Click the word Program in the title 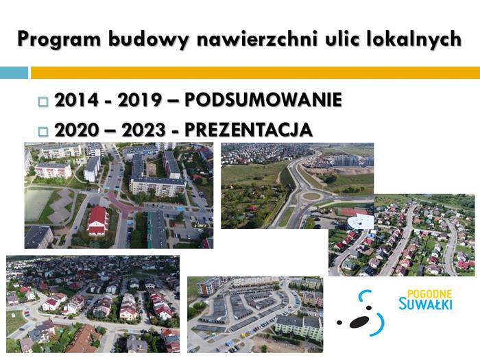pos(59,40)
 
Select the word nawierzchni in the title pos(256,38)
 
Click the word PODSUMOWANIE pos(263,99)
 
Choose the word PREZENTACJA pos(248,130)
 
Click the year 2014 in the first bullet pos(77,100)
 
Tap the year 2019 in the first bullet pos(140,100)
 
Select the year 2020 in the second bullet pos(77,130)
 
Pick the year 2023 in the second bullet pos(144,130)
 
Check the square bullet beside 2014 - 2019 pos(43,101)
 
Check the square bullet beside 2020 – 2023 pos(43,132)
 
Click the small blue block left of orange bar pos(14,73)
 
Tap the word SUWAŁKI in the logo pos(425,304)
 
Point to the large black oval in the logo pos(359,322)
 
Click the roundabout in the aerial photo pos(311,197)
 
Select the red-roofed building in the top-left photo pos(97,220)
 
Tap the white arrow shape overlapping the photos pos(360,221)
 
